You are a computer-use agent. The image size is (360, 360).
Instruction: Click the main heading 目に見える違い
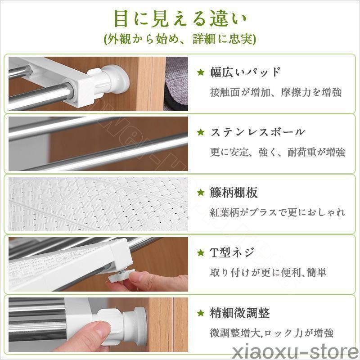coord(180,19)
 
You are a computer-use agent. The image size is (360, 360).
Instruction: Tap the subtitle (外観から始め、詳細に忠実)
coord(180,39)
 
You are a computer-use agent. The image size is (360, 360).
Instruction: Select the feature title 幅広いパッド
coord(245,72)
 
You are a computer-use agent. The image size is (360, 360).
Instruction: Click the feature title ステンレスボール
coord(257,132)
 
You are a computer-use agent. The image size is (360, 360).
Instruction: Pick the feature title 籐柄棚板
coord(234,193)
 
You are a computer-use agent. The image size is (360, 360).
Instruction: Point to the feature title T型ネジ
coord(232,252)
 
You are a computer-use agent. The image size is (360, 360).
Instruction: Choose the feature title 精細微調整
coord(240,313)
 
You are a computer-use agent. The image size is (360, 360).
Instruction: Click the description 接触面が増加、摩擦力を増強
coord(276,92)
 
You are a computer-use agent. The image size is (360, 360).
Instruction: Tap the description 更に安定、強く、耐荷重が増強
coord(278,152)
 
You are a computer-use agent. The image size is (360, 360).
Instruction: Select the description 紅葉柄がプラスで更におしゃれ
coord(278,212)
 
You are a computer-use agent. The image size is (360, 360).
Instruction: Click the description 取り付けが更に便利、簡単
coord(268,273)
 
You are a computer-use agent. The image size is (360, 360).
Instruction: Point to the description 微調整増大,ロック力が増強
coord(272,333)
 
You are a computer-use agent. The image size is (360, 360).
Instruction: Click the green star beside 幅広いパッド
coord(201,72)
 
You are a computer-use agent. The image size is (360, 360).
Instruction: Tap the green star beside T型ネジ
coord(201,253)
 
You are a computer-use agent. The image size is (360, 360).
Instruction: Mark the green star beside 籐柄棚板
coord(201,193)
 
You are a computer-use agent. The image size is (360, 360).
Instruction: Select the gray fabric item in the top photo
coord(176,84)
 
